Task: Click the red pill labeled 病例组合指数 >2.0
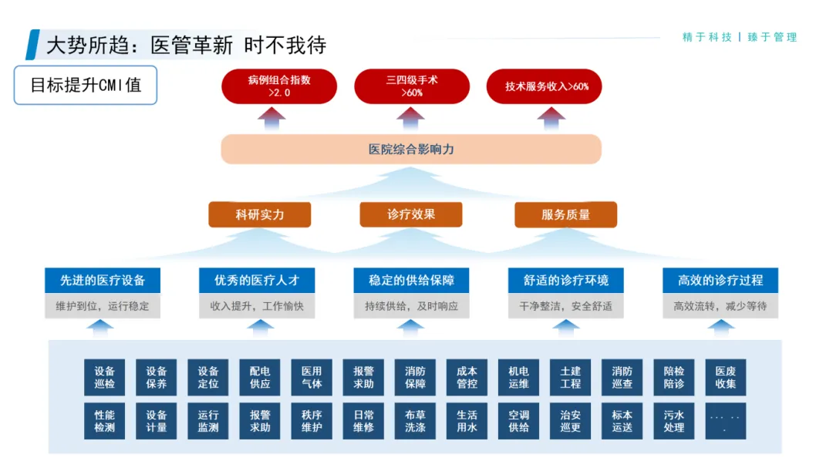tap(279, 86)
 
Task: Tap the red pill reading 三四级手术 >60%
tap(412, 86)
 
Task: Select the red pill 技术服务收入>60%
tap(545, 86)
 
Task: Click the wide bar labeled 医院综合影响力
tap(411, 149)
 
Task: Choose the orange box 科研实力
tap(260, 214)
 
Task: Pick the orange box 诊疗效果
tap(411, 214)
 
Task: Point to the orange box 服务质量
tap(565, 214)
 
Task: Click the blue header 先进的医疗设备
tap(103, 280)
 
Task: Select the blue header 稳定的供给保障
tap(411, 280)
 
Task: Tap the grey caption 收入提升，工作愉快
tap(257, 306)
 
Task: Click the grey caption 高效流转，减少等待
tap(720, 306)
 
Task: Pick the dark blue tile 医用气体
tap(312, 377)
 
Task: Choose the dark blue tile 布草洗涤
tap(415, 420)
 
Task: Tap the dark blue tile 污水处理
tap(674, 420)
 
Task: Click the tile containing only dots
tap(725, 420)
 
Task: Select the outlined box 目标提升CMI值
tap(86, 85)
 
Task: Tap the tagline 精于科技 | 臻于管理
tap(740, 37)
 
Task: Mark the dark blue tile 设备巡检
tap(105, 377)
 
